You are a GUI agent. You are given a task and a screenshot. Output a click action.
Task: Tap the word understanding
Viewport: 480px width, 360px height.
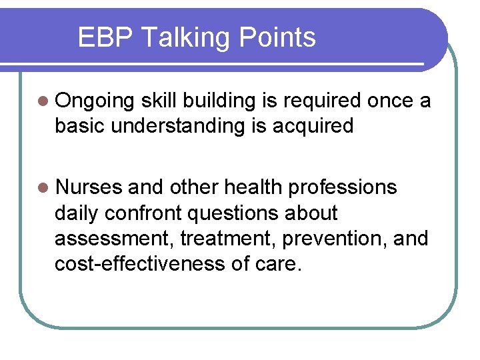tap(178, 127)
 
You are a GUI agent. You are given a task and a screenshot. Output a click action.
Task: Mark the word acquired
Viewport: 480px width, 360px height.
tap(313, 127)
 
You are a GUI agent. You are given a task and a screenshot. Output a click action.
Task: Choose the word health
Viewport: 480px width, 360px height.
tap(251, 188)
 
